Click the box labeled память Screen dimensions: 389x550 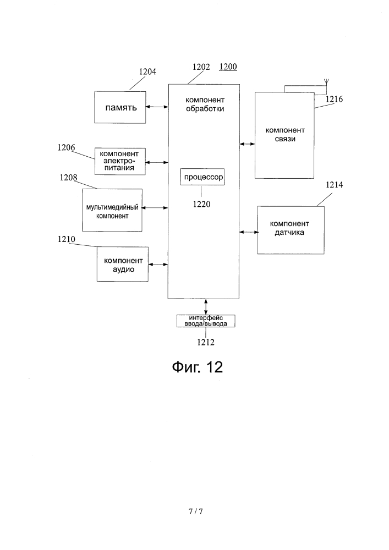(120, 107)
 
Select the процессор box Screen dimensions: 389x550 (202, 177)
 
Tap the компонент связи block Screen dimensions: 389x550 (284, 135)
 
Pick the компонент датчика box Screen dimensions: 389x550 (291, 230)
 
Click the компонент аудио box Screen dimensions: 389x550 (122, 264)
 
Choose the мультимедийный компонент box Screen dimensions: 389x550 (112, 210)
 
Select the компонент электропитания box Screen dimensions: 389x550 (120, 161)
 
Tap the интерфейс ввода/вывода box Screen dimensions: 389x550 (206, 321)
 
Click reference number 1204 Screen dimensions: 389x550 (147, 71)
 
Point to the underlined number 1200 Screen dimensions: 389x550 (228, 67)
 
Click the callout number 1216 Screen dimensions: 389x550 (334, 99)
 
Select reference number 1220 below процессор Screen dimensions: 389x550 (202, 204)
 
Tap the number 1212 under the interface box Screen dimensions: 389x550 (206, 342)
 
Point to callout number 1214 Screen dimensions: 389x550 (335, 184)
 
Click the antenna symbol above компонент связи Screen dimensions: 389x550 (326, 82)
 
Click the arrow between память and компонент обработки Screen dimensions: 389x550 (157, 107)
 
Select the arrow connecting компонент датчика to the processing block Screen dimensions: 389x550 (249, 232)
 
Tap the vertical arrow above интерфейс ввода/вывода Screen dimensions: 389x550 (206, 307)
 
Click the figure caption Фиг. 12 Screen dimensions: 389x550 (198, 367)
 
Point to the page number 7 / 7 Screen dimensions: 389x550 (196, 512)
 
